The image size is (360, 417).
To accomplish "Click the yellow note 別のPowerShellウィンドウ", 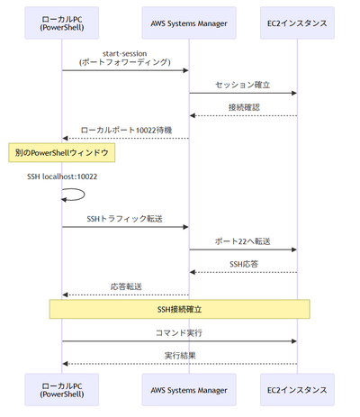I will tap(62, 154).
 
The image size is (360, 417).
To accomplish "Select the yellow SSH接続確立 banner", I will tap(179, 309).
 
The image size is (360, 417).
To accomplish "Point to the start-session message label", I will tap(125, 58).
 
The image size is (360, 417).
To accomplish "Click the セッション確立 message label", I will tap(242, 84).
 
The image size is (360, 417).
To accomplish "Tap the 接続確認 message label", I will tap(242, 106).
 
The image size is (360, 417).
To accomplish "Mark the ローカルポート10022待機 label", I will tap(125, 129).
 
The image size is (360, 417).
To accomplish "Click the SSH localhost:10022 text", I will tap(62, 177).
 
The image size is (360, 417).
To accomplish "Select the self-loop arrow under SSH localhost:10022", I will tap(74, 194).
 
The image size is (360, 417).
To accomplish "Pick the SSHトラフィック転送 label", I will tap(125, 218).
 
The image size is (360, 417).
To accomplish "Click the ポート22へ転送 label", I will tap(242, 240).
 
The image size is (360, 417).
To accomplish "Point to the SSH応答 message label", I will tap(242, 263).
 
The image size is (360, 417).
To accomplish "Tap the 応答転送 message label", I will tap(125, 286).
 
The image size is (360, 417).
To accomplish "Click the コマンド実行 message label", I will tap(179, 332).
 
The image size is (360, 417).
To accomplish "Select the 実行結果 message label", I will tap(179, 355).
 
